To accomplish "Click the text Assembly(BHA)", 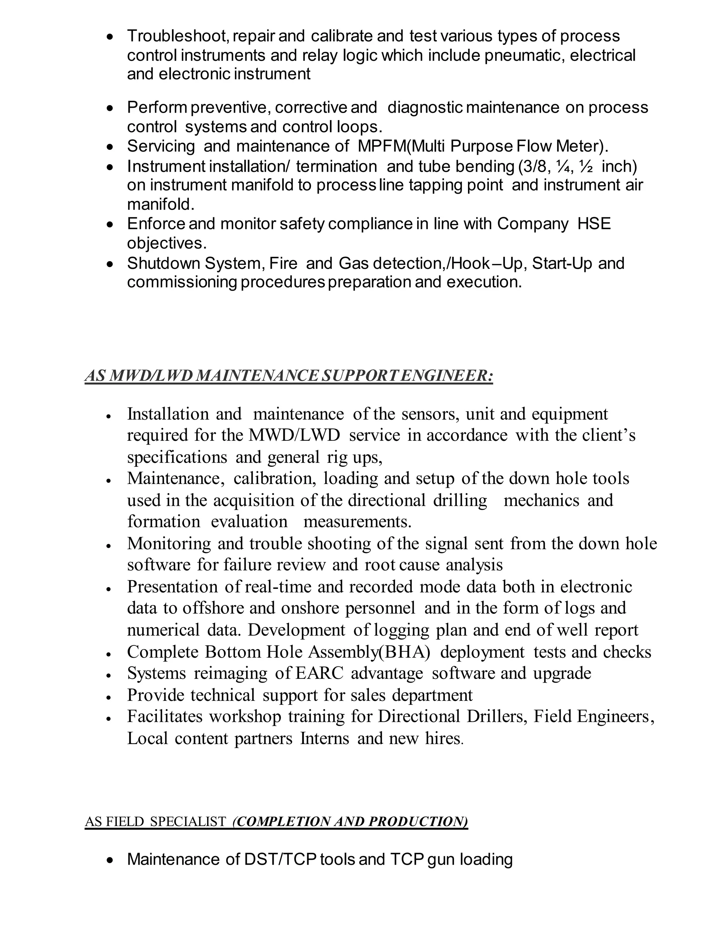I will coord(369,652).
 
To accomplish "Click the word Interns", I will coord(325,738).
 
